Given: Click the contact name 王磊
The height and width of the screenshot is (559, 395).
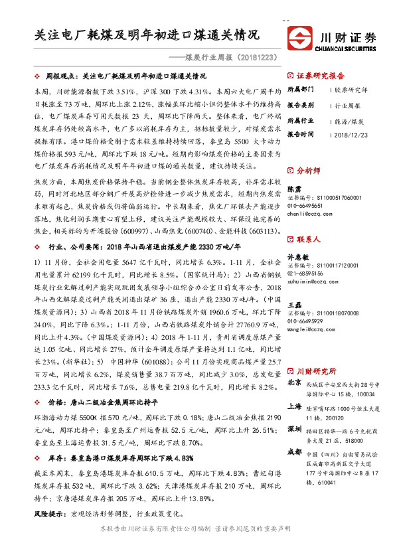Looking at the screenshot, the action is [x=294, y=304].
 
